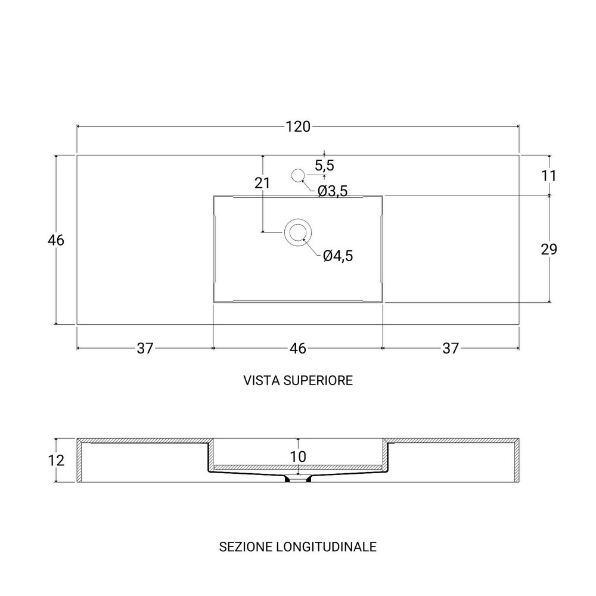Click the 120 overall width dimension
(298, 126)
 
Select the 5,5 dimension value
(324, 165)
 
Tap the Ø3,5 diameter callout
(333, 191)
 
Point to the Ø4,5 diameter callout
(338, 256)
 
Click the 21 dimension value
(262, 183)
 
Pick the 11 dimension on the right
(548, 176)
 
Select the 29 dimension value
(549, 249)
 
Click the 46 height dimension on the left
(56, 240)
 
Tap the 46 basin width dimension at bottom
(297, 348)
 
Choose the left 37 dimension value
(145, 348)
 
